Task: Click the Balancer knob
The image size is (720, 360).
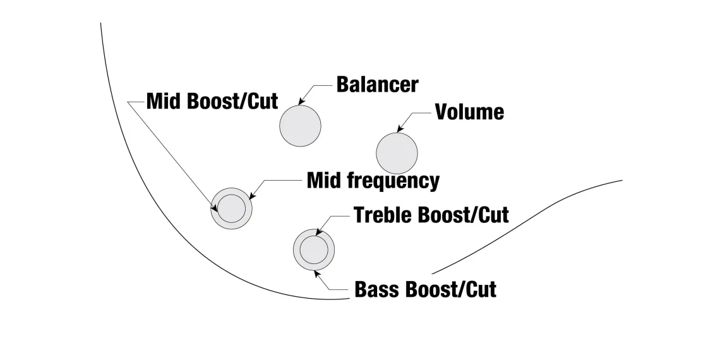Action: click(x=301, y=126)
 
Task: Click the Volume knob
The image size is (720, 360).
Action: click(x=397, y=153)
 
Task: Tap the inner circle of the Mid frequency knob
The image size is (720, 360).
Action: click(x=231, y=208)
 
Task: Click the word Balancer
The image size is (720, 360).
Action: click(x=377, y=85)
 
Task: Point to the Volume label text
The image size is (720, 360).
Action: click(x=469, y=112)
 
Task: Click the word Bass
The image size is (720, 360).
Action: click(x=376, y=289)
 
